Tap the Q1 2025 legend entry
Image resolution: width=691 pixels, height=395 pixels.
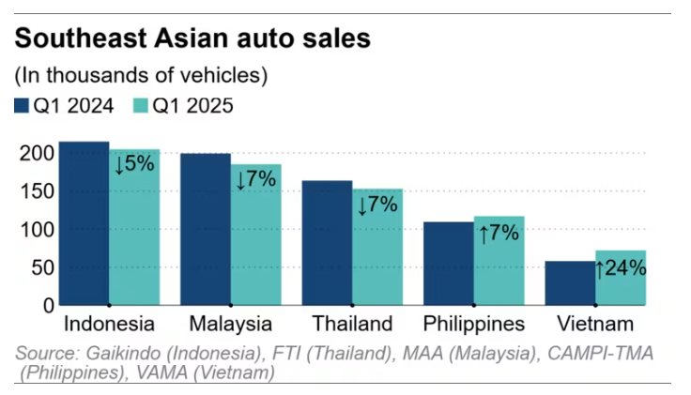click(184, 105)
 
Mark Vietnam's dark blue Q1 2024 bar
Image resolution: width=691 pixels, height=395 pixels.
click(570, 283)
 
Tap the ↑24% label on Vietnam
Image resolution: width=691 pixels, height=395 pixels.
click(621, 268)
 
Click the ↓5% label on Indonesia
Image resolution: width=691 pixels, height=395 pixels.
click(133, 164)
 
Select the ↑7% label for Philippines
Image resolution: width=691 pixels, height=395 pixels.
click(499, 233)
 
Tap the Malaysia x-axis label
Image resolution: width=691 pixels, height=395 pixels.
click(230, 325)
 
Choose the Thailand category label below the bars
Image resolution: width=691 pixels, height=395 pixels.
click(351, 325)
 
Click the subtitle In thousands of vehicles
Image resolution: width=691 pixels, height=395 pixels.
click(141, 74)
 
